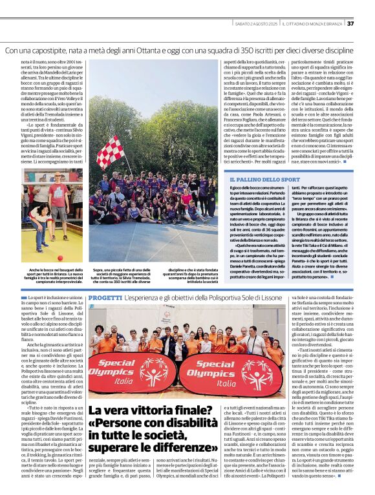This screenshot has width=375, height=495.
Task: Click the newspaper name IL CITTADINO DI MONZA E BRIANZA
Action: pyautogui.click(x=313, y=24)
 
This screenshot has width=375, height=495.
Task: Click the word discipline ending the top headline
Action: pyautogui.click(x=352, y=49)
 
